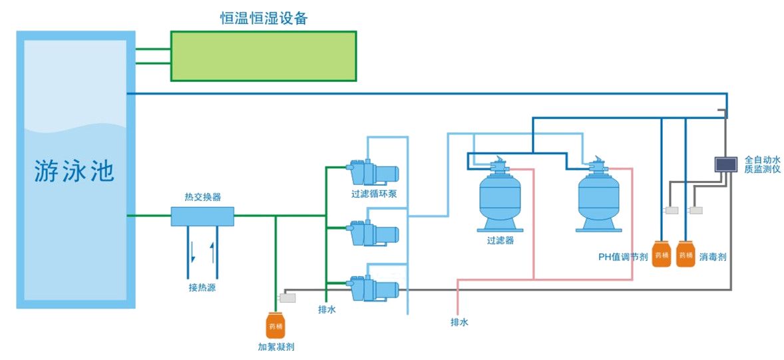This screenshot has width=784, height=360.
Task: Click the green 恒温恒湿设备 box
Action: point(264,55)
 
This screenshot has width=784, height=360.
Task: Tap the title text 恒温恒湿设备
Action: point(264,19)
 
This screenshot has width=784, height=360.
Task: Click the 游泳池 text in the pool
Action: point(75,172)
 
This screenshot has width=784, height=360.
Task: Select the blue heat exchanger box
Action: point(202,216)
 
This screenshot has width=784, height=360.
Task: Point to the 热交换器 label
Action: point(202,197)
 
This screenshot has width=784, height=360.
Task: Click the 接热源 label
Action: point(202,288)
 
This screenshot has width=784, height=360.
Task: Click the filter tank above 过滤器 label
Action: point(500,197)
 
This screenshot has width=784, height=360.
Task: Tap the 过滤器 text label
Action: point(500,240)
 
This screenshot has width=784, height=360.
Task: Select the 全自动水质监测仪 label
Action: point(762,164)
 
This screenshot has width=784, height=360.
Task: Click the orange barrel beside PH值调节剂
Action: point(661,254)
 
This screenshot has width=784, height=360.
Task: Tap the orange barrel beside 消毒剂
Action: point(686,254)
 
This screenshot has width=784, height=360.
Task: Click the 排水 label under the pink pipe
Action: point(460,322)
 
